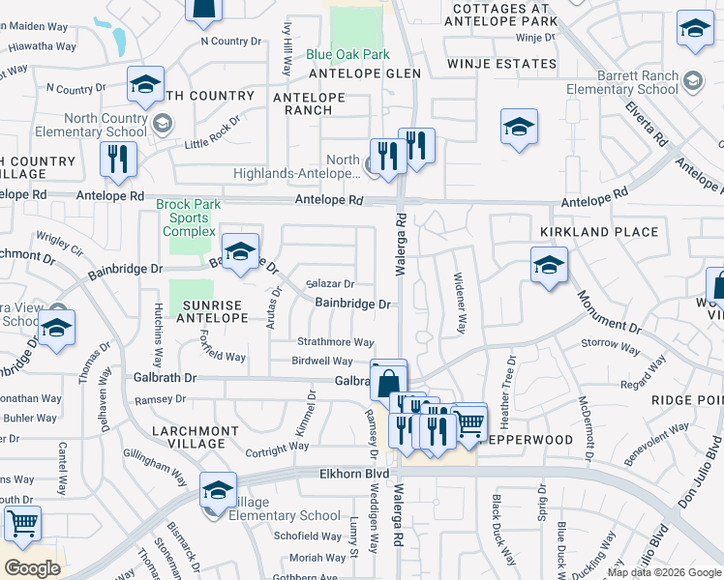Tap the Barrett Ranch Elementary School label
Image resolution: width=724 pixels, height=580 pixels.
[x=622, y=82]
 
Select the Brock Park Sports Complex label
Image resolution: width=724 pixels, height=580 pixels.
[x=190, y=218]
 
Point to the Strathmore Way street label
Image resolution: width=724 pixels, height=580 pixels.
[x=335, y=342]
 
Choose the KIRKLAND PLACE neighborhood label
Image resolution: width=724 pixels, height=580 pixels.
[x=599, y=232]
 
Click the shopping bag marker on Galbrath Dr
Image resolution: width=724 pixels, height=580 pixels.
[x=388, y=379]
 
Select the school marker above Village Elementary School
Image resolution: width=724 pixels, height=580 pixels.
[x=219, y=490]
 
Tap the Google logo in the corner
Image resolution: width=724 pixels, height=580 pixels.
[x=32, y=568]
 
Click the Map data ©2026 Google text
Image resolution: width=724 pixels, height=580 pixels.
[x=664, y=572]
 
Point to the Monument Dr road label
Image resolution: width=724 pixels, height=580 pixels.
[x=609, y=311]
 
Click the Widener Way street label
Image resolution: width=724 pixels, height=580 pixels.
[x=461, y=302]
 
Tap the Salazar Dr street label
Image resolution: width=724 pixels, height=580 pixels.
[x=331, y=284]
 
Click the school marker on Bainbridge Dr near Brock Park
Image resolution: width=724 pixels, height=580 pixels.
[x=241, y=250]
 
